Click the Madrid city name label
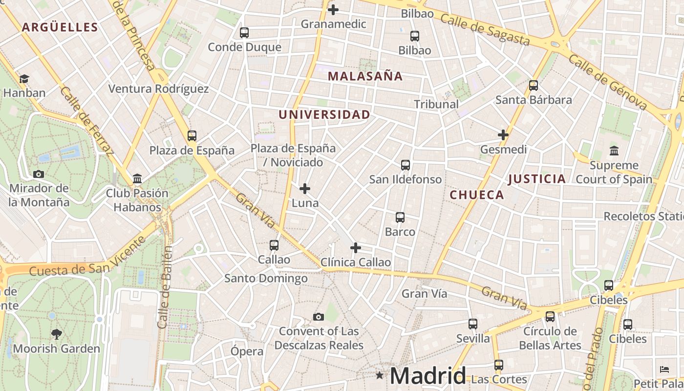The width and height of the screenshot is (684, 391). pos(428,375)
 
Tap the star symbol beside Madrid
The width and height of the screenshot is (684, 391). pos(380,375)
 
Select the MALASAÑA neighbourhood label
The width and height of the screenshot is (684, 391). pos(365,76)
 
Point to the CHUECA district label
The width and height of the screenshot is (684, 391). pos(476,195)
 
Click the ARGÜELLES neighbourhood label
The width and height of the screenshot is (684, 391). pos(60,27)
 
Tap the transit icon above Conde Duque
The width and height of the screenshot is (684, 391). pos(244,33)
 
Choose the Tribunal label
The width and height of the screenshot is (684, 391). pos(436,104)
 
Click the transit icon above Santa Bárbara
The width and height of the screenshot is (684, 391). pos(534,86)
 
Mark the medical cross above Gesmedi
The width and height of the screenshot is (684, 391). pos(503,135)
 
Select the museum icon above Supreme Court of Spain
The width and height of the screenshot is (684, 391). pos(614,151)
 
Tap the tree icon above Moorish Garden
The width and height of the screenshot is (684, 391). pos(57,334)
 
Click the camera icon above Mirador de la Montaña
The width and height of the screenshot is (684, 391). pos(39,174)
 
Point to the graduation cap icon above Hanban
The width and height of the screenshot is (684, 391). pos(24,79)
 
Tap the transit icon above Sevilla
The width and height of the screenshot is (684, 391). pos(473,324)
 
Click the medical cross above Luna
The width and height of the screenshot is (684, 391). pos(305,188)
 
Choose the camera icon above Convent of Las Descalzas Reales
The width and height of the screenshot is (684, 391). pos(319,317)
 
